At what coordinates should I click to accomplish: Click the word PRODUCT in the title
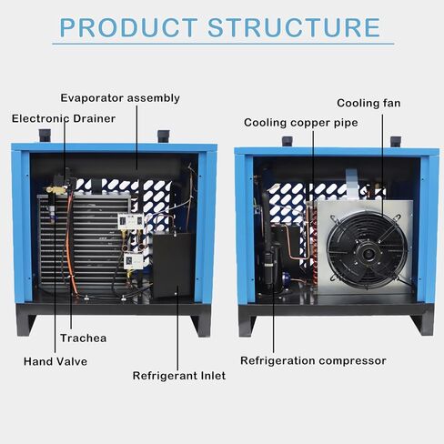tap(128, 27)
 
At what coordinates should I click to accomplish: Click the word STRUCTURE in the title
tap(294, 27)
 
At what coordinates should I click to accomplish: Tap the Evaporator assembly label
tap(120, 98)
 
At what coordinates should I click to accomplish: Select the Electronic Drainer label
tap(64, 118)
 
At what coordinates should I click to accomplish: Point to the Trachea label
tap(84, 338)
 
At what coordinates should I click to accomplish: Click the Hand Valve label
tap(55, 361)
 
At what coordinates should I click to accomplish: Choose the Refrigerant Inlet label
tap(179, 376)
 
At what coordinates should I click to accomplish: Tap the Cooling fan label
tap(368, 103)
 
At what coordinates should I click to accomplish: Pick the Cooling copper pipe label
tap(301, 123)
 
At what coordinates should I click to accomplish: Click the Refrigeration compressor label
tap(313, 361)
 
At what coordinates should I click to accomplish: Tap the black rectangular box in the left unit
tap(173, 265)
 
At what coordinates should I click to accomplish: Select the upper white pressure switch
tap(130, 221)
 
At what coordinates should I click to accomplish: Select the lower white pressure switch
tap(134, 261)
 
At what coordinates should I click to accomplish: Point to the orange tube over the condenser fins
tap(70, 243)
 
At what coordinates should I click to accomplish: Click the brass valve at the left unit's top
tap(56, 190)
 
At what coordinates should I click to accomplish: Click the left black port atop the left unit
tap(45, 136)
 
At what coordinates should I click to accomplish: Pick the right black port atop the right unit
tap(396, 142)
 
